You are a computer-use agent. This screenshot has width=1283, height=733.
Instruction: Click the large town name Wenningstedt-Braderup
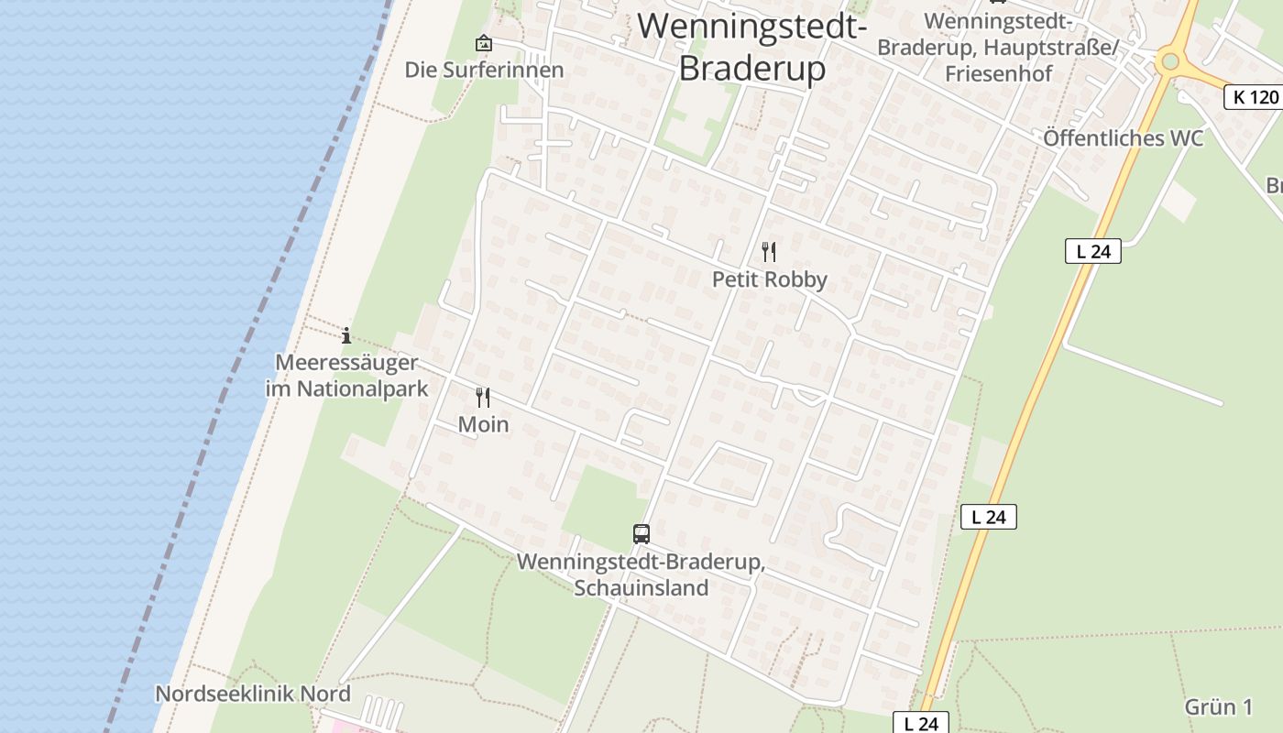pyautogui.click(x=752, y=47)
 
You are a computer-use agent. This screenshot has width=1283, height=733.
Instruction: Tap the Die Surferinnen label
pyautogui.click(x=484, y=70)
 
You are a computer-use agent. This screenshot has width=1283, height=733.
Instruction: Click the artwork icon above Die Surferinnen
pyautogui.click(x=483, y=43)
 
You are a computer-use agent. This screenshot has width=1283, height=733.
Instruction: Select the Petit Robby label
pyautogui.click(x=770, y=279)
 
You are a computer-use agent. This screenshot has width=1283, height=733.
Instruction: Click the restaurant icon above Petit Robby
pyautogui.click(x=769, y=251)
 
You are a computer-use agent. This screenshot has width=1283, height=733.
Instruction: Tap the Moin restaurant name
pyautogui.click(x=483, y=424)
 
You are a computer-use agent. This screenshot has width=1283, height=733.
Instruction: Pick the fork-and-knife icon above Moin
pyautogui.click(x=483, y=398)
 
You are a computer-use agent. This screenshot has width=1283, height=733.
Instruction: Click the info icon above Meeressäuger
pyautogui.click(x=346, y=336)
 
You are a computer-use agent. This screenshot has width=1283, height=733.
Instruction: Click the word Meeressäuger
pyautogui.click(x=346, y=362)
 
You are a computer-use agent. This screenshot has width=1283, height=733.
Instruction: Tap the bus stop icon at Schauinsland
pyautogui.click(x=641, y=533)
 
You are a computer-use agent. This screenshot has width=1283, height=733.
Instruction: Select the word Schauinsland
pyautogui.click(x=641, y=587)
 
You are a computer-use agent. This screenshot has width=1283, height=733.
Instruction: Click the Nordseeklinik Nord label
pyautogui.click(x=253, y=694)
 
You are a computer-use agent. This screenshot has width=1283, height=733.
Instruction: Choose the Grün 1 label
pyautogui.click(x=1218, y=706)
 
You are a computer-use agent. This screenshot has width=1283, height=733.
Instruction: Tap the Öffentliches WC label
pyautogui.click(x=1123, y=138)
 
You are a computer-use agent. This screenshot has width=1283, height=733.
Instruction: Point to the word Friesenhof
pyautogui.click(x=999, y=73)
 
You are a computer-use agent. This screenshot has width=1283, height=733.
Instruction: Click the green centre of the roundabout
pyautogui.click(x=1168, y=62)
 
